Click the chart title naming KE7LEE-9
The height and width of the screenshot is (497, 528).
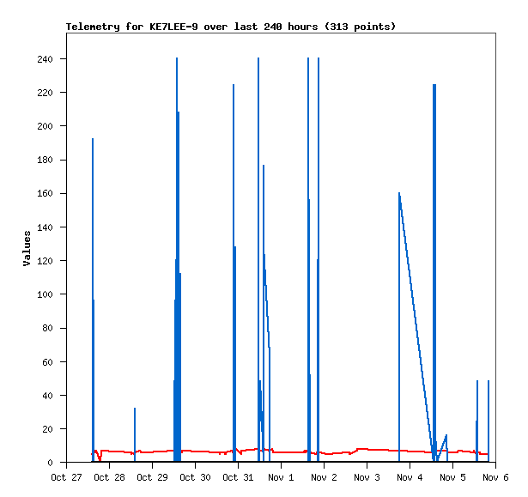coord(230,27)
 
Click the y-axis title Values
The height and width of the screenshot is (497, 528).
coord(27,248)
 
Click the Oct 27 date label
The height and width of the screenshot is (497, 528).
coord(66,477)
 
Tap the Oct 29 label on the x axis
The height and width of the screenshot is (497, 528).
coord(152,477)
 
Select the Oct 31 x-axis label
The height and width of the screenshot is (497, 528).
coord(238,477)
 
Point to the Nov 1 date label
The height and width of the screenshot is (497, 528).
coord(281,477)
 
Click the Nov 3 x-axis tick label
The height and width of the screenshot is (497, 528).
coord(367,477)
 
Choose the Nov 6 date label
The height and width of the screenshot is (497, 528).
coord(495,477)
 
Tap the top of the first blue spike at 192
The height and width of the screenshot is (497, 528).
coord(93,140)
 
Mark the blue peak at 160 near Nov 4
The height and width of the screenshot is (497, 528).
coord(399,194)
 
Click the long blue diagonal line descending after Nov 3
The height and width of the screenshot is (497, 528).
coord(416,326)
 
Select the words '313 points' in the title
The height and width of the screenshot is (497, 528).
coord(362,27)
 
